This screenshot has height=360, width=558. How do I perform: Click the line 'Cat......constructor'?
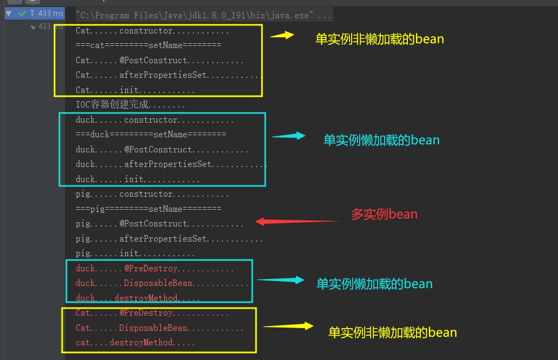click(152, 31)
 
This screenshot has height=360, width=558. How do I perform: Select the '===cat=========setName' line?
click(148, 45)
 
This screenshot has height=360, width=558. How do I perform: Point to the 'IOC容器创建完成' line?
click(130, 105)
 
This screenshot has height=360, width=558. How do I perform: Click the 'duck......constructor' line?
click(154, 120)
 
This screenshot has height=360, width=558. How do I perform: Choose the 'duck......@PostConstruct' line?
click(162, 150)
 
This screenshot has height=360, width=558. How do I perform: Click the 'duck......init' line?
click(138, 179)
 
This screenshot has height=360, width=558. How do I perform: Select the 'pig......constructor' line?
click(152, 194)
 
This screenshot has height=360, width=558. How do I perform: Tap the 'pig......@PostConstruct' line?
click(159, 224)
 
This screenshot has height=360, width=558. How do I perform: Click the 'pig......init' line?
click(135, 254)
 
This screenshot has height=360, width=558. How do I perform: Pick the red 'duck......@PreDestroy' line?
click(154, 269)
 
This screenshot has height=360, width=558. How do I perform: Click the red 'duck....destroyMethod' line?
click(138, 298)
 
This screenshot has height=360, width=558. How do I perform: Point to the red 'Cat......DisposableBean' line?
click(159, 328)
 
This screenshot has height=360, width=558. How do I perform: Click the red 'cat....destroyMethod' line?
click(135, 343)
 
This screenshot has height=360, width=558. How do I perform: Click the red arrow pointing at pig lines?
click(297, 221)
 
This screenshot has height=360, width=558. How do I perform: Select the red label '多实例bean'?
click(384, 214)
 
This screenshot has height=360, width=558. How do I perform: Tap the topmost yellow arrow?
click(282, 35)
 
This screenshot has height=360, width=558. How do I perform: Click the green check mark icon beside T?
click(22, 14)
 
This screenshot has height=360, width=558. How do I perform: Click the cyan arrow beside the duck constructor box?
click(288, 136)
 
